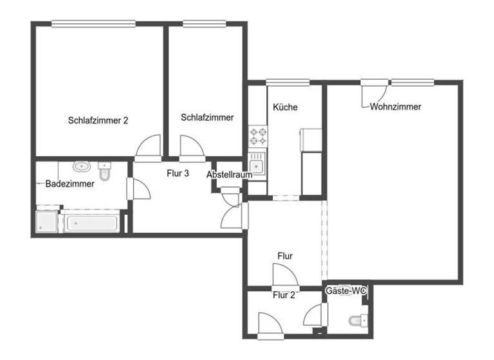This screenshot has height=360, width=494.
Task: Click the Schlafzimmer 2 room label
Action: tap(98, 120)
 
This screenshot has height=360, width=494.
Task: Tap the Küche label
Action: tap(285, 107)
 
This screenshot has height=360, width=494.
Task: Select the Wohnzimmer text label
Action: tap(395, 107)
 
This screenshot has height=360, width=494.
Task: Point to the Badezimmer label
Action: tap(69, 184)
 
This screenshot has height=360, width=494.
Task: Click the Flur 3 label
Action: tap(178, 172)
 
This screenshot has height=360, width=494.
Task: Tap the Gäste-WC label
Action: tap(346, 291)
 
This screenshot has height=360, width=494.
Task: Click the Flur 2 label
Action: tap(284, 296)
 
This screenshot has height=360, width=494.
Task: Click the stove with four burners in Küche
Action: tap(259, 136)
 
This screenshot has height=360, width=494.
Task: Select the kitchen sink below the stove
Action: tap(257, 164)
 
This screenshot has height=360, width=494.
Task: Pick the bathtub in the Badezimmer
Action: tap(89, 223)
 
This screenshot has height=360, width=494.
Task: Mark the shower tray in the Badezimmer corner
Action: tap(47, 222)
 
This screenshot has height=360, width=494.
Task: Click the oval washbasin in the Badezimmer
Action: tap(82, 167)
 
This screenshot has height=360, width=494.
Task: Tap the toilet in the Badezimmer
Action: tap(105, 172)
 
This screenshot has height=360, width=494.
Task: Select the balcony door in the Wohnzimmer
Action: tap(372, 93)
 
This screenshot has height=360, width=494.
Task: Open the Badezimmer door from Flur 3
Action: tap(140, 189)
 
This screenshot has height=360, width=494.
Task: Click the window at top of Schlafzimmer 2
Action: tap(93, 24)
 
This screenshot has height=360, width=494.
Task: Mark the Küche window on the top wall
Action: tap(287, 82)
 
